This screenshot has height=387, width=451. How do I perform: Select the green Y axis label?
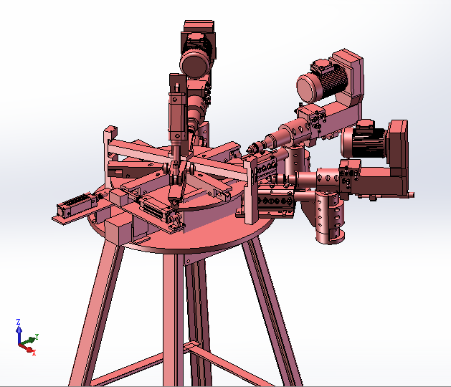point(37,335)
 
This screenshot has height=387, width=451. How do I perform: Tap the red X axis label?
point(34,353)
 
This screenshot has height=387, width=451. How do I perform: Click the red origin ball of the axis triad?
point(29,348)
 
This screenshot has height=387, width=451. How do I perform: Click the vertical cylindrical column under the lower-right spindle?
point(331,219)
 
